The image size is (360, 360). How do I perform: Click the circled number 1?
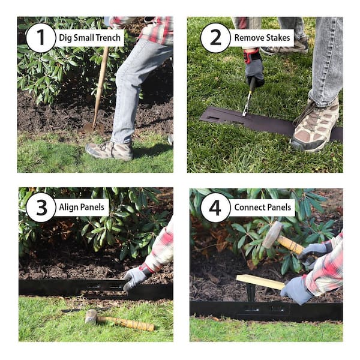(40, 38)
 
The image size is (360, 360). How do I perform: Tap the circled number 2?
(215, 38)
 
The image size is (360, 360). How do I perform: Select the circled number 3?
(41, 208)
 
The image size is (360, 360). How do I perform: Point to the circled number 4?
(215, 208)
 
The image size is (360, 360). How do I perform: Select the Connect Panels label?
(263, 208)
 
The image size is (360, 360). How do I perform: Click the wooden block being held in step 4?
(260, 281)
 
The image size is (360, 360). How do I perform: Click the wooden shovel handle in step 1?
(101, 84)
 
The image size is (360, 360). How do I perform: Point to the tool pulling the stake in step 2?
(248, 99)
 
